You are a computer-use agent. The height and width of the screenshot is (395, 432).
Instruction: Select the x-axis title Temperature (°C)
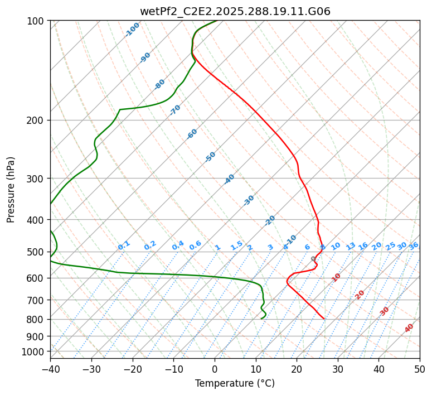pos(235,384)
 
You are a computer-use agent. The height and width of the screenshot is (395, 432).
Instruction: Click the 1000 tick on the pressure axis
pos(35,351)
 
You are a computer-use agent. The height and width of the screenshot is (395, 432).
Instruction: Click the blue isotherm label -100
pos(133,30)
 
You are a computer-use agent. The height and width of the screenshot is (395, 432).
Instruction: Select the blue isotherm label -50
pos(210,157)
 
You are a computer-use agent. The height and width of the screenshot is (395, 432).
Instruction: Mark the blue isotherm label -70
pos(175,110)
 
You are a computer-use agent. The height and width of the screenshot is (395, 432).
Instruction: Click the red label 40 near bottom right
pos(409,328)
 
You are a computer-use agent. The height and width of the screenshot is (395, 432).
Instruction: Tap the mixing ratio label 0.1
pos(124,245)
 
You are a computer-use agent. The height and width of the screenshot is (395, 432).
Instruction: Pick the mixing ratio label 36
pos(414,245)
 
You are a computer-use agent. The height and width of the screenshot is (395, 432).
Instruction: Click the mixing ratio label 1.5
pos(236,245)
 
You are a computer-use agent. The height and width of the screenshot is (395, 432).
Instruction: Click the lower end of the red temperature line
pos(324,319)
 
